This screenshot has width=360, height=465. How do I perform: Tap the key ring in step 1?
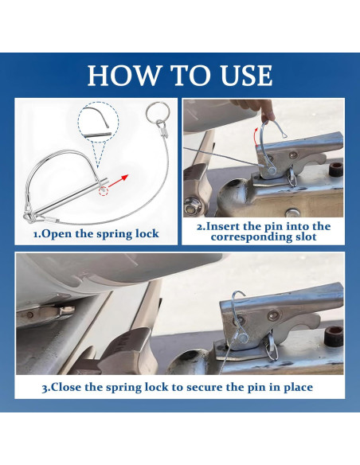158,113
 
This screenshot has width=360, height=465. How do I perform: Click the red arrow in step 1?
118,181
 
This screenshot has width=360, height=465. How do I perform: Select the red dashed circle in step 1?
104,191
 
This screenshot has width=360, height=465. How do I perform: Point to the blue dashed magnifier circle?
98,122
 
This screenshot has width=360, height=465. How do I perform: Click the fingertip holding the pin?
268,114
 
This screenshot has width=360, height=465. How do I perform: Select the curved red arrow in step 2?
256,137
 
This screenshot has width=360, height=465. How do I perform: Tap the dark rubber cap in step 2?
335,170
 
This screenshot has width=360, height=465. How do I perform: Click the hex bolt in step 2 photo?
191,206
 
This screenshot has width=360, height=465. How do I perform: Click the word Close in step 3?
66,387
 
